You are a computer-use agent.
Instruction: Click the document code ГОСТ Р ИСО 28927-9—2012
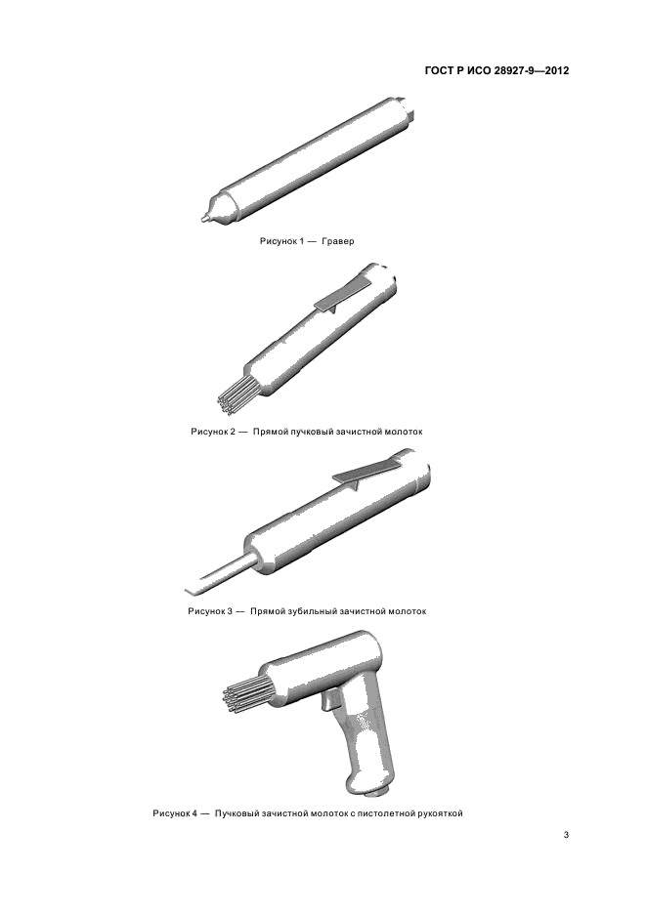click(x=495, y=71)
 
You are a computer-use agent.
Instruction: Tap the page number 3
click(x=566, y=835)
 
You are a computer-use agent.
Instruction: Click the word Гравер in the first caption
click(x=337, y=241)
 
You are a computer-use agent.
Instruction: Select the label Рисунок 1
click(x=281, y=241)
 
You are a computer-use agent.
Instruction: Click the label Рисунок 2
click(x=214, y=432)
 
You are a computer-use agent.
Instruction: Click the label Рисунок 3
click(x=210, y=611)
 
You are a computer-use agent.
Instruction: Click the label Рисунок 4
click(x=175, y=813)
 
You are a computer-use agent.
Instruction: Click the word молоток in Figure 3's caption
click(x=407, y=611)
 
